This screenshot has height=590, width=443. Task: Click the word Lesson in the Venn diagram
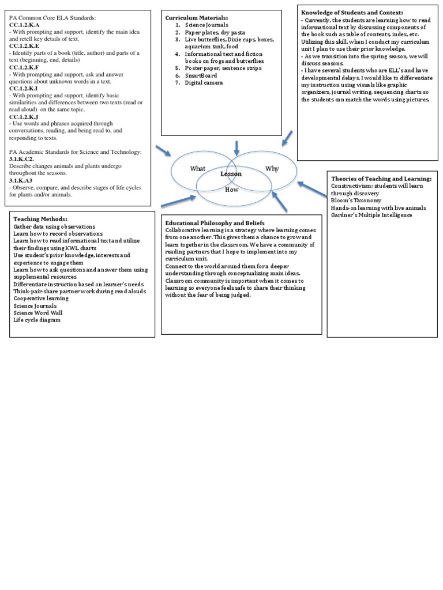point(231,173)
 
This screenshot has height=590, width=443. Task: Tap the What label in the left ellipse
point(198,169)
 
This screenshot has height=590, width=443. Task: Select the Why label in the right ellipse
point(272,168)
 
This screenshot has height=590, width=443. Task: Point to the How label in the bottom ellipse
point(231,189)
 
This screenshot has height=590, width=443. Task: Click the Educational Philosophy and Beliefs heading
point(215,223)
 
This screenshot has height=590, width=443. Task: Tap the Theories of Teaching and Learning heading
point(381,179)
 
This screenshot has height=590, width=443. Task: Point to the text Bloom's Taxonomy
point(356,201)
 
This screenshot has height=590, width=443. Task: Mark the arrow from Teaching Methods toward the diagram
point(179,202)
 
